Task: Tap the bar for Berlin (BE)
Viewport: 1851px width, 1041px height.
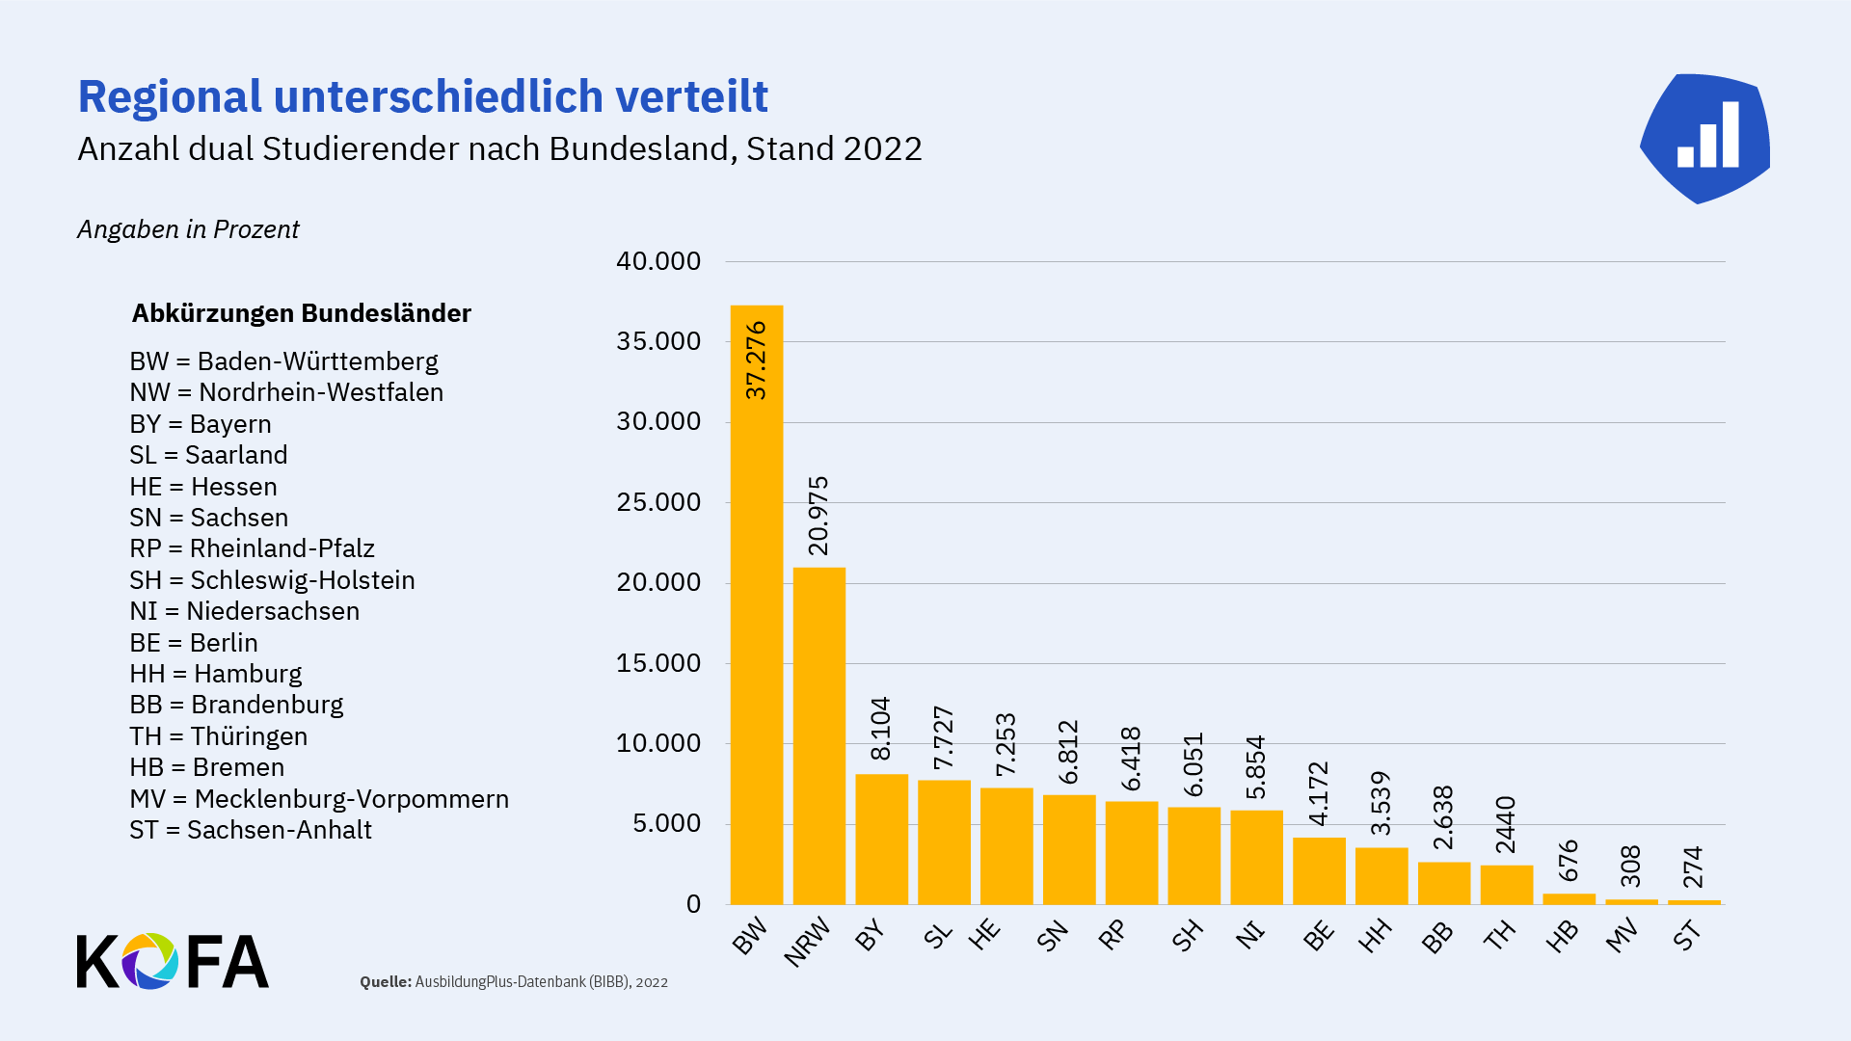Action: pos(1319,871)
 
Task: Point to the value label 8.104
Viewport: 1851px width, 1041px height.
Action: pos(881,729)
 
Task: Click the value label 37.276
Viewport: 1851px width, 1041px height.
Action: pos(757,360)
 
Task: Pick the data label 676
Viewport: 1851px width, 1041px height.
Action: pos(1569,860)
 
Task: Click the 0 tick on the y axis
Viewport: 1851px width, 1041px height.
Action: pos(693,904)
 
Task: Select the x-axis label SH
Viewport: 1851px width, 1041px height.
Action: pos(1188,935)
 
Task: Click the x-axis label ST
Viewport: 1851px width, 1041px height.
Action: pos(1687,935)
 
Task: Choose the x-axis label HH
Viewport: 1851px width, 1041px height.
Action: pos(1375,935)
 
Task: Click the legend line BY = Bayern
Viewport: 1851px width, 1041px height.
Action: pos(201,424)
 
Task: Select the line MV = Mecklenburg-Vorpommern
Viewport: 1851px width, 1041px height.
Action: pos(319,799)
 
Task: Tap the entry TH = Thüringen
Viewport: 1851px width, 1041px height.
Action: pos(219,736)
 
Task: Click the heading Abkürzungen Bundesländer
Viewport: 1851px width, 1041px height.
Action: pos(301,313)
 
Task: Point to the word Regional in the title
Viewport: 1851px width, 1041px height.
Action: pos(170,96)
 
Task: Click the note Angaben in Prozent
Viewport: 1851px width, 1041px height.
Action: pos(188,229)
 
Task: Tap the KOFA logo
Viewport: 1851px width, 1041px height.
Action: pos(173,961)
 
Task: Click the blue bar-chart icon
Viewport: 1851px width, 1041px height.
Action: pos(1705,138)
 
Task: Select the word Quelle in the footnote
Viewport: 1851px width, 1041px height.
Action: pos(385,982)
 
